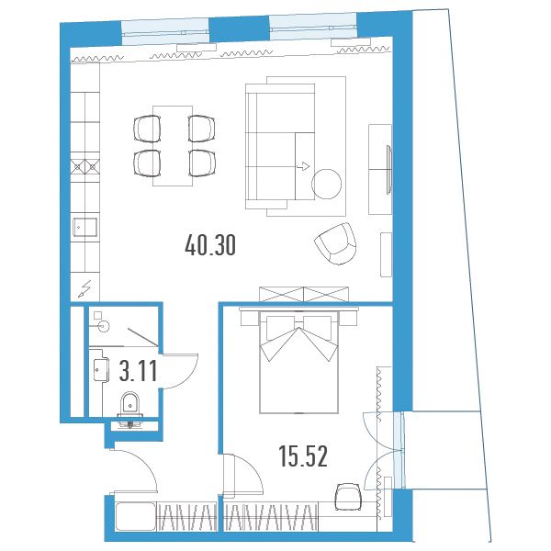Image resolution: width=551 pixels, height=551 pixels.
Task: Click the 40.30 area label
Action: [x=210, y=245]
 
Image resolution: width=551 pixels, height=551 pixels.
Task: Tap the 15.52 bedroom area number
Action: [x=303, y=456]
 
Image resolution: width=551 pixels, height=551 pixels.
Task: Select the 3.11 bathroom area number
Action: [x=138, y=371]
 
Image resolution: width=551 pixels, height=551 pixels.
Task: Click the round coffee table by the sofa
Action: [x=326, y=184]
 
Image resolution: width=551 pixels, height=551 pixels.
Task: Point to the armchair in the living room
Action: [x=336, y=243]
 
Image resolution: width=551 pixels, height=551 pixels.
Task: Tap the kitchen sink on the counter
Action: [x=84, y=228]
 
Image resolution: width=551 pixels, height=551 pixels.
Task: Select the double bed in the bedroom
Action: [x=298, y=362]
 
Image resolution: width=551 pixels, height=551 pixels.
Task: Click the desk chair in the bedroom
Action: [x=348, y=497]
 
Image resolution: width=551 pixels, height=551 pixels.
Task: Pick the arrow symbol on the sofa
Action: [x=303, y=166]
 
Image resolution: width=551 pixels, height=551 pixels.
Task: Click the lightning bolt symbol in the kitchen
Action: [x=84, y=289]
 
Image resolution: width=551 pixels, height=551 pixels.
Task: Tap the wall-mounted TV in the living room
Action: [x=389, y=169]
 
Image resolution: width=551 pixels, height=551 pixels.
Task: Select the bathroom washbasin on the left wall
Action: [x=100, y=369]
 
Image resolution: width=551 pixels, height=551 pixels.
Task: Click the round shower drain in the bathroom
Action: [x=104, y=326]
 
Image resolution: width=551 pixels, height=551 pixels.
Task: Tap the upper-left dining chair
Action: [x=147, y=129]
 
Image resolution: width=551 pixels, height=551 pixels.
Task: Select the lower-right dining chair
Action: [x=202, y=163]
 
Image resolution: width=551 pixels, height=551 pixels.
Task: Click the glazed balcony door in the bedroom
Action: [x=399, y=450]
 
